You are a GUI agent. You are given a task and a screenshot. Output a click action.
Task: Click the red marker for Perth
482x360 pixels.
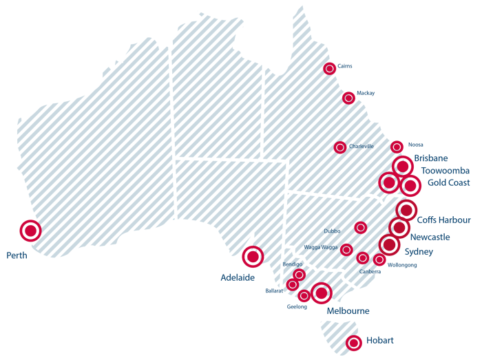(30, 231)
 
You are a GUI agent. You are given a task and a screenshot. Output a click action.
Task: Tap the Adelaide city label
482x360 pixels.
(238, 277)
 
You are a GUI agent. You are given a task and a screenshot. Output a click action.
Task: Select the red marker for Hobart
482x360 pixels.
(354, 341)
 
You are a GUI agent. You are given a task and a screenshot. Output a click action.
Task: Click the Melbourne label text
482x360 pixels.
(348, 311)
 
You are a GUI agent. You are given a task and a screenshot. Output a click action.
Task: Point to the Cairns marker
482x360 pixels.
(330, 68)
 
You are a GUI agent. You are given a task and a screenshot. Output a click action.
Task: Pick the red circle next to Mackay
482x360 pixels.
(348, 98)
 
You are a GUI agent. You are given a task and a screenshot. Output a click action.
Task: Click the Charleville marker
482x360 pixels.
(340, 147)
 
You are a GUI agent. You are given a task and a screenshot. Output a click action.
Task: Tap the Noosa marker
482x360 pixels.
(397, 146)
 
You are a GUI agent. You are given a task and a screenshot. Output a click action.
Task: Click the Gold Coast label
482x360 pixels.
(448, 182)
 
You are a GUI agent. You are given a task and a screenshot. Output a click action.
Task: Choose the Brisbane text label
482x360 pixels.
(431, 158)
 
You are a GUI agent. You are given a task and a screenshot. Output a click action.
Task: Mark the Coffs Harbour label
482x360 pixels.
(444, 220)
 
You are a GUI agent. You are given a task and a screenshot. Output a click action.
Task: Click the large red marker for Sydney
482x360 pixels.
(389, 244)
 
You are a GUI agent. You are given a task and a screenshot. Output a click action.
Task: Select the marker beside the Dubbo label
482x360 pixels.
(360, 227)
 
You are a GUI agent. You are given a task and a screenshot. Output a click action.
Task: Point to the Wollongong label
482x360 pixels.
(402, 264)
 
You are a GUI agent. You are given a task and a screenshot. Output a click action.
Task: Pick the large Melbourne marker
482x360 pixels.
(321, 293)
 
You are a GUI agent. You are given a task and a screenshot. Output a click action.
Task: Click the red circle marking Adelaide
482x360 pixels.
(253, 257)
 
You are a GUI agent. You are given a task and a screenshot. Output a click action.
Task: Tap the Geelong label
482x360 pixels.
(296, 306)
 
